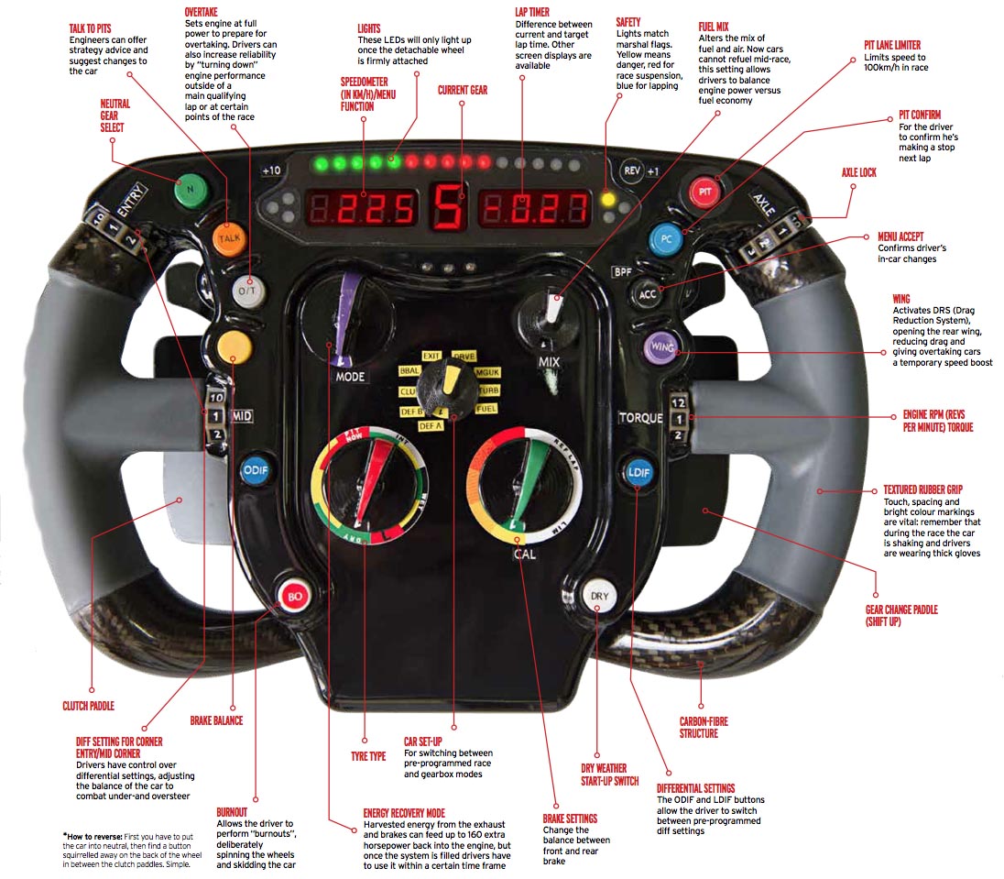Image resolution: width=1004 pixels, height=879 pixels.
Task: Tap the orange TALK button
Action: coord(229,237)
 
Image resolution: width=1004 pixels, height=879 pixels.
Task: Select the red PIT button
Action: coord(705,193)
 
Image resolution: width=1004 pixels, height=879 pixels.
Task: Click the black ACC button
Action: coord(648,293)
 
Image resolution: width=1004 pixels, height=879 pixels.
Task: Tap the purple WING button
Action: coord(660,347)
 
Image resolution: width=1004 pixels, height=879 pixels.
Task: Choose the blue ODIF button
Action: coord(254,471)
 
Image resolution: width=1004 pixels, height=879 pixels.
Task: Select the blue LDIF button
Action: coord(638,471)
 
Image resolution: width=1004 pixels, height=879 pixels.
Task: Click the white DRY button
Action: coord(598,596)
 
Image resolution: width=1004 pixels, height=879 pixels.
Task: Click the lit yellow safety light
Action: coord(606,199)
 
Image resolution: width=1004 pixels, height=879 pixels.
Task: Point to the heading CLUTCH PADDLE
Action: coord(89,706)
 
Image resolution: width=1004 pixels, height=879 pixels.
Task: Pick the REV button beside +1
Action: coord(630,170)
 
